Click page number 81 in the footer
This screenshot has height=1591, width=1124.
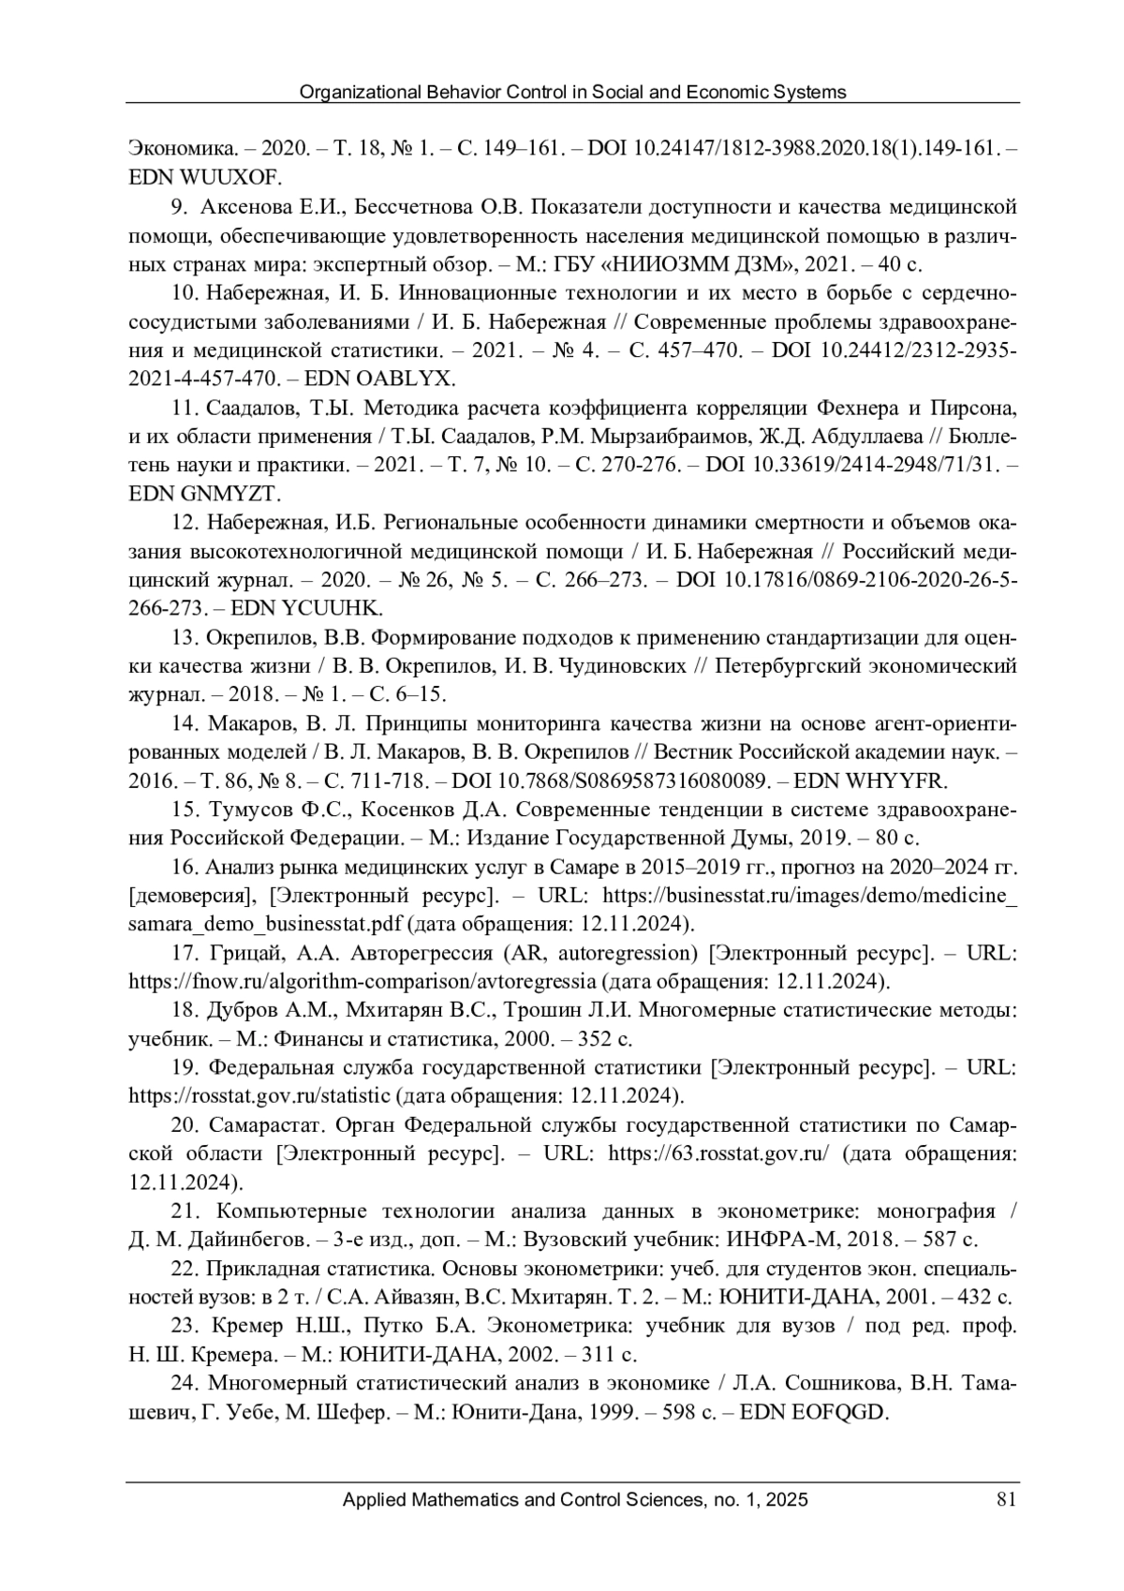click(1006, 1500)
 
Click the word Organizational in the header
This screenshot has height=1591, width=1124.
click(355, 92)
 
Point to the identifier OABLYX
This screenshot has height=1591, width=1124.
click(408, 379)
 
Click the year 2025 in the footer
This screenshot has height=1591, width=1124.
click(789, 1500)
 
